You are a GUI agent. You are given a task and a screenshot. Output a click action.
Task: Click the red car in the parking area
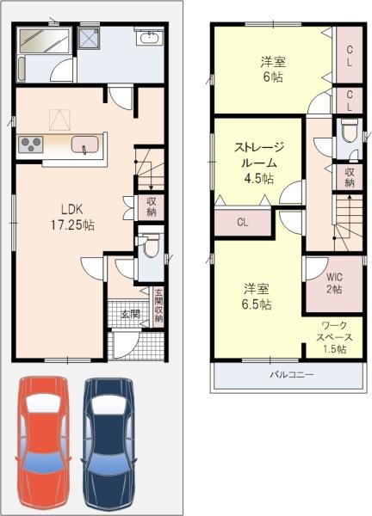pos(43,444)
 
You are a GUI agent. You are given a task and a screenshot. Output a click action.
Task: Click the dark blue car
pos(109,445)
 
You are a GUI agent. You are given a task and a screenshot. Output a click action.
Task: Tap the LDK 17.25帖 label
pos(72,217)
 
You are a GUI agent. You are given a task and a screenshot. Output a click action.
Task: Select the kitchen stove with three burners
pos(31,144)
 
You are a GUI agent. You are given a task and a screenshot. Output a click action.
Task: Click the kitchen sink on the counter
pos(85,144)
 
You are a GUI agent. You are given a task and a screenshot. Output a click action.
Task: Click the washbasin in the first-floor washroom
pos(149,37)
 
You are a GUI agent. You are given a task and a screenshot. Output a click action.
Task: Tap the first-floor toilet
pos(150,246)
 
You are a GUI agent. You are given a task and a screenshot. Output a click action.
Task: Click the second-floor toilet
pos(350,130)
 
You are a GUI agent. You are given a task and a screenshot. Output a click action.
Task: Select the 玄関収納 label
pos(158,305)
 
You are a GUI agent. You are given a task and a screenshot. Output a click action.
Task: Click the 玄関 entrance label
pos(130,314)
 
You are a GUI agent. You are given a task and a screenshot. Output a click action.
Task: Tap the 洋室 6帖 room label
pos(273,69)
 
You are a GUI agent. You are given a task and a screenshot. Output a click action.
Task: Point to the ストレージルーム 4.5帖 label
pos(258,163)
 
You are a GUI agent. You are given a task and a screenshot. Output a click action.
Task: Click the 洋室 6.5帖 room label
pos(257,297)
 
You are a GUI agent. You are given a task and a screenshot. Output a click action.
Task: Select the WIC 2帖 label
pos(334,283)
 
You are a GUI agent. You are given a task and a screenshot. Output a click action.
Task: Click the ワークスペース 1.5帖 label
pos(334,337)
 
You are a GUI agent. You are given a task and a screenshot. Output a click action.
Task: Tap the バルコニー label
pos(292,374)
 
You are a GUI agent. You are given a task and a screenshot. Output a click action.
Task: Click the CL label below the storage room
pos(243,223)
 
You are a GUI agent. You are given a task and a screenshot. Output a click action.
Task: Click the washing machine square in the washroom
pos(89,38)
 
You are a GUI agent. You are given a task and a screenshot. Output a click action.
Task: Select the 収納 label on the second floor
pos(350,178)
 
